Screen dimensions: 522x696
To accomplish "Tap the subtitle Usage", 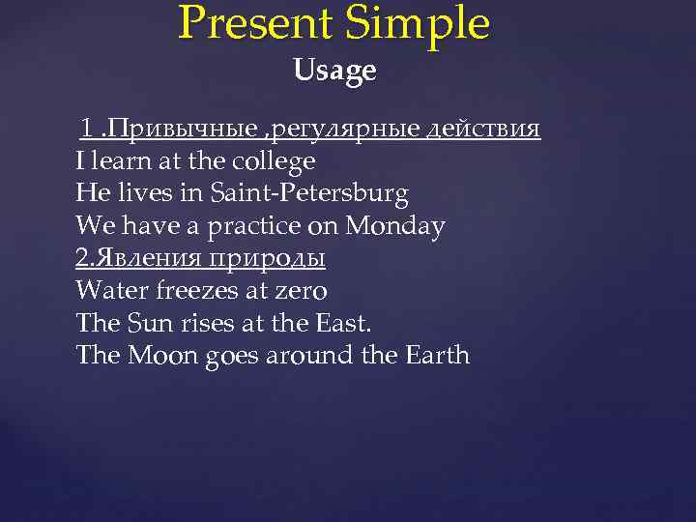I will tap(334, 71).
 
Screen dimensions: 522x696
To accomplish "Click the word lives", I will tap(144, 193).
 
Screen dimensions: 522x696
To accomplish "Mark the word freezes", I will tap(190, 291).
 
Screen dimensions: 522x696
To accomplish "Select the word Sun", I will tap(144, 323).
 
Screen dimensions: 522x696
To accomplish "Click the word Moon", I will tap(161, 356).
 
